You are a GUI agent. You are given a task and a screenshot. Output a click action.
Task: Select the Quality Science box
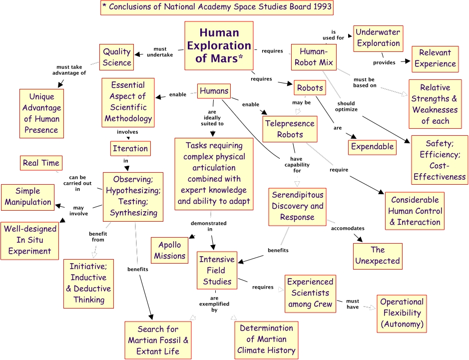point(117,57)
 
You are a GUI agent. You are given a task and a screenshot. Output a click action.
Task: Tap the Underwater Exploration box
point(378,38)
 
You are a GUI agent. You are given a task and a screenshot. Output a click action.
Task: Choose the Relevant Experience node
point(435,58)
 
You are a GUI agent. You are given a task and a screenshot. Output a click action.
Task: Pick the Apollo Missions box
point(169,250)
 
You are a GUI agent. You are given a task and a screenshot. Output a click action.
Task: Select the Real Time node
point(41,163)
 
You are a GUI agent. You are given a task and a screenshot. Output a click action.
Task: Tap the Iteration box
point(130,148)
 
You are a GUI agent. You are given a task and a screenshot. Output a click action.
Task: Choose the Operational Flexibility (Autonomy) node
point(402,313)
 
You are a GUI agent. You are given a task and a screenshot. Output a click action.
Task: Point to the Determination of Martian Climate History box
point(266,339)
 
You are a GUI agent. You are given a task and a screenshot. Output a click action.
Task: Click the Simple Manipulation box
point(28,196)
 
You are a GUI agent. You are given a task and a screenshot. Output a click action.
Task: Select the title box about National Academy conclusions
point(216,7)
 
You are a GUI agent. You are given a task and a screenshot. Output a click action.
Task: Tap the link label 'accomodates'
point(348,228)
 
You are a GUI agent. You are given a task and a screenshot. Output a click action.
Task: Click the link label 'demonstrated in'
point(212,226)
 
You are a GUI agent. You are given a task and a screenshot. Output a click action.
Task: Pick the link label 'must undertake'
point(160,52)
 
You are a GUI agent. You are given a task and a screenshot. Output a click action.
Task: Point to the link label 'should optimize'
point(346,106)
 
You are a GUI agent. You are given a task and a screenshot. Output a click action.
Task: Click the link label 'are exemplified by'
point(214,303)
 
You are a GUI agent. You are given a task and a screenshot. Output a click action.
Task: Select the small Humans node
point(214,91)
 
